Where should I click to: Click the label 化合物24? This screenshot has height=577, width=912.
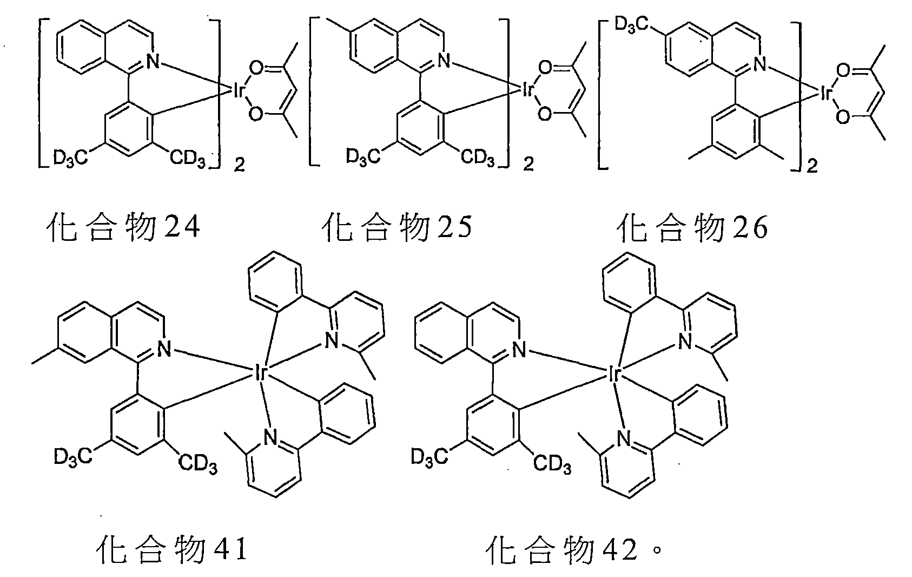pyautogui.click(x=121, y=228)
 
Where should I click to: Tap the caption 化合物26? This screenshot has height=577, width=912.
pyautogui.click(x=692, y=228)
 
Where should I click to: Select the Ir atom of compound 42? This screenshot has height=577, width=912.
pyautogui.click(x=614, y=373)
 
